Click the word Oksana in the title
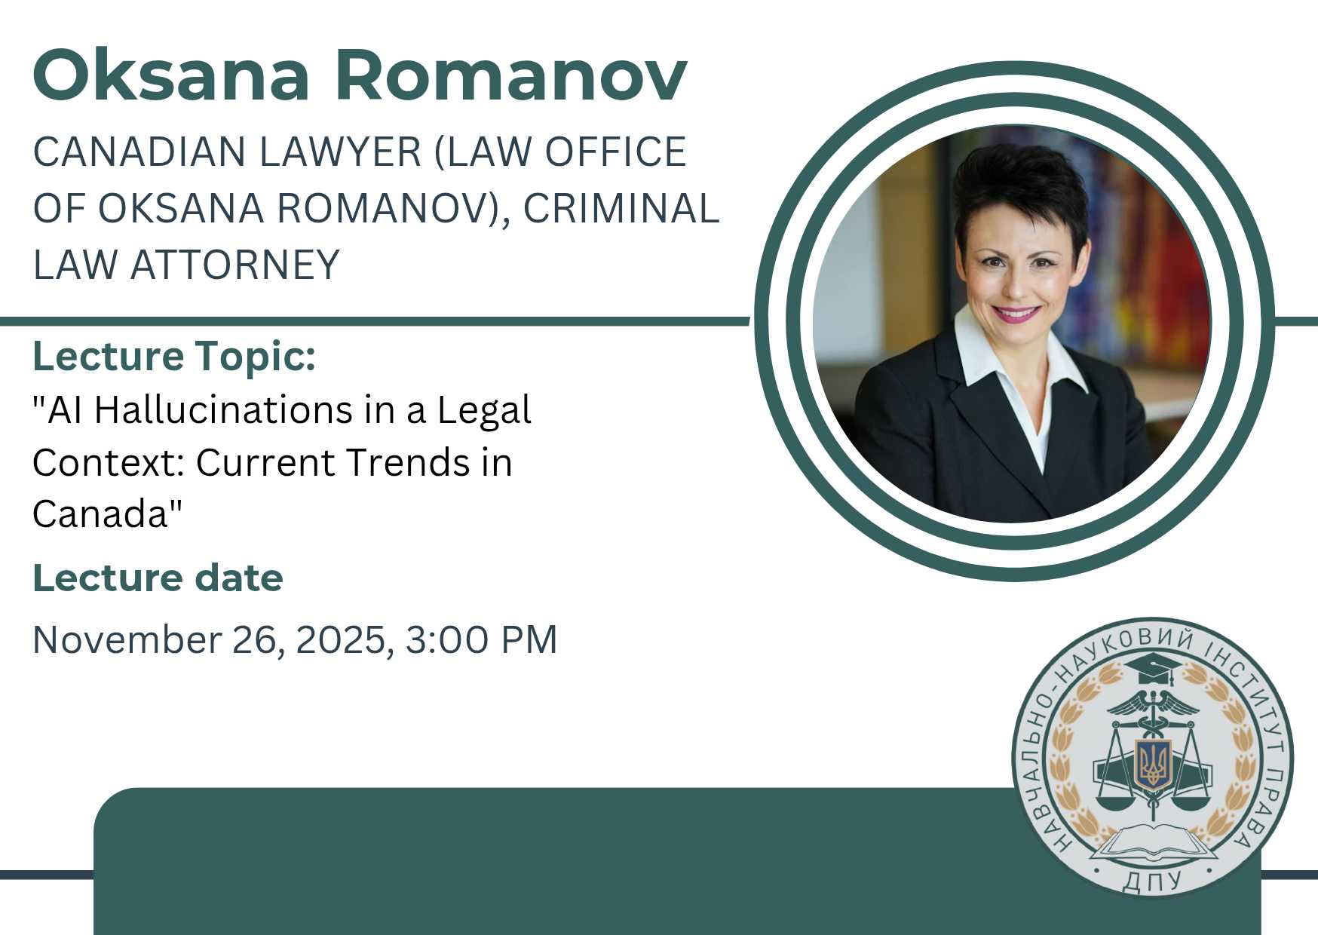(x=172, y=75)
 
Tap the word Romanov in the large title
(x=516, y=75)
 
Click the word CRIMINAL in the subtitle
(x=621, y=208)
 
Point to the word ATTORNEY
(x=235, y=265)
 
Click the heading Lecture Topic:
(x=174, y=357)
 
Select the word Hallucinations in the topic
(x=224, y=411)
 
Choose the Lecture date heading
(x=158, y=578)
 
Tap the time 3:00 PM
(x=482, y=639)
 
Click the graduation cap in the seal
(x=1150, y=667)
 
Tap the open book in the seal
(x=1151, y=843)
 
